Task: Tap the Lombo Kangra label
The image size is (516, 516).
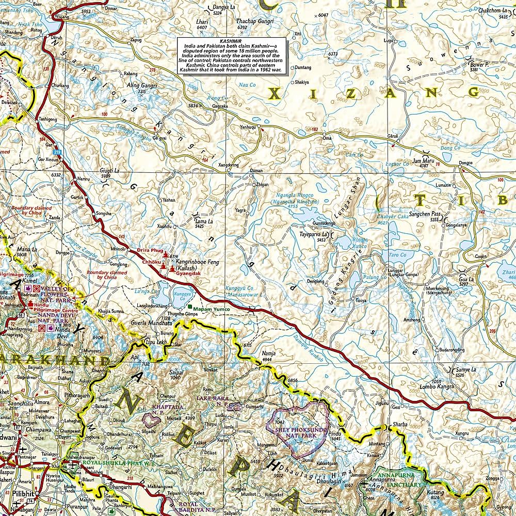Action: click(x=436, y=385)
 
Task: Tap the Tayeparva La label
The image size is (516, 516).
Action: click(x=313, y=234)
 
